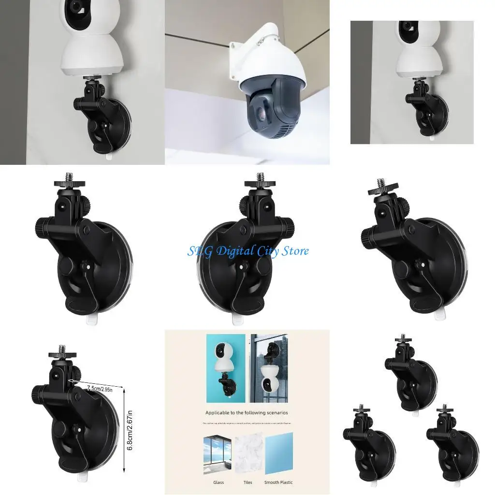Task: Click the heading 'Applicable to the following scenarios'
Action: point(247,413)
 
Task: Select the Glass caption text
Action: point(218,482)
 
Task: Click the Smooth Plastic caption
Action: point(278,482)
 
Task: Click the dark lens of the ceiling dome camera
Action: point(258,113)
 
